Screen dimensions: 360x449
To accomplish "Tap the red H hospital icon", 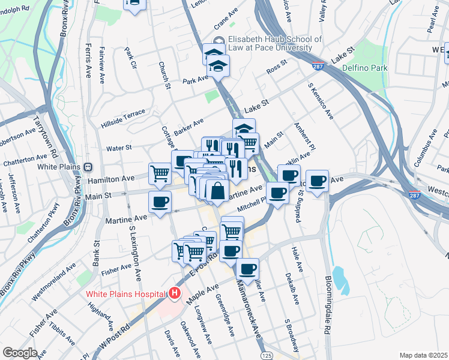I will pos(174,293).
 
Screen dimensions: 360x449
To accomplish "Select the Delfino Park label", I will pos(365,68).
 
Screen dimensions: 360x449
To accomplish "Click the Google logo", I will pos(20,353).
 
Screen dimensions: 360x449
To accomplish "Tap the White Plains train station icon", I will pos(88,166).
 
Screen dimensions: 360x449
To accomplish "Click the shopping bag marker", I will pos(217,191).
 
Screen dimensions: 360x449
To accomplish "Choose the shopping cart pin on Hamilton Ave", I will pos(160,174).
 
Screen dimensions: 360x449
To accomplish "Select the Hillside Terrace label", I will pos(125,113).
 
